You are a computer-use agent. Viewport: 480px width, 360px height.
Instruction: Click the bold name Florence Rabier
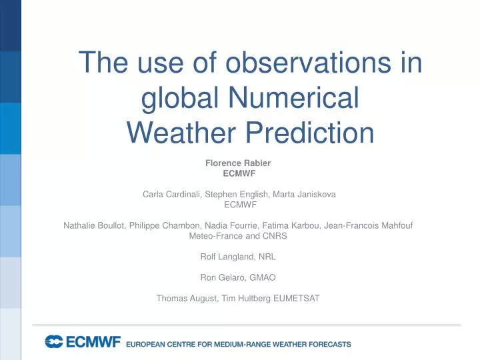point(238,163)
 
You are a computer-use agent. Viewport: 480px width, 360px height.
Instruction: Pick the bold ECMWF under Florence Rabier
point(238,173)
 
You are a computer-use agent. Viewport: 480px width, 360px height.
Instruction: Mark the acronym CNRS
point(274,237)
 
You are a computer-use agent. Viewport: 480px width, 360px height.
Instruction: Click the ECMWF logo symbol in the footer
point(53,342)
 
